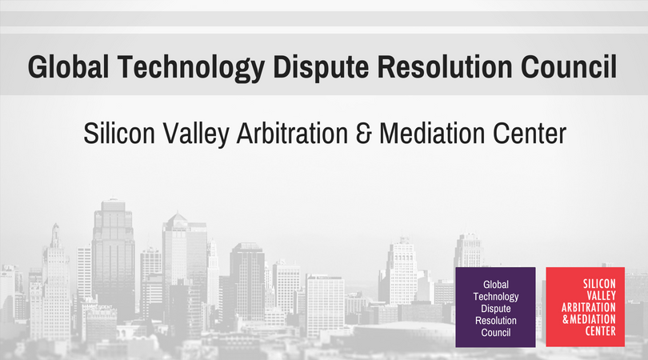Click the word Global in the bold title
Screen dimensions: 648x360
68,66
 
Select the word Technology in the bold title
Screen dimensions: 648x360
191,68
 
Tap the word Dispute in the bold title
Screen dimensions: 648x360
321,68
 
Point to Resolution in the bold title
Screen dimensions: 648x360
445,66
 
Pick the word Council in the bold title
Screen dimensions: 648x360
569,66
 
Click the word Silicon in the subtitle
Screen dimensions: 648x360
119,134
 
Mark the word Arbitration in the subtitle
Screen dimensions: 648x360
292,134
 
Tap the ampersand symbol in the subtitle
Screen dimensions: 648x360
364,134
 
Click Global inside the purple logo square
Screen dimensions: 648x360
496,285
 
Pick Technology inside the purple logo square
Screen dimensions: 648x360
496,297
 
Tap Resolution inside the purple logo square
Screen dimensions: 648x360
496,321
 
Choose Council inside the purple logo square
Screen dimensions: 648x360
496,333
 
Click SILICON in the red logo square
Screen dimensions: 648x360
599,283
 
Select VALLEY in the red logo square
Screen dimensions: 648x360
602,295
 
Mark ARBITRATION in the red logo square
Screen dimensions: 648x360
589,307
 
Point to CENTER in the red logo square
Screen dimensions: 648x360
601,331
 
